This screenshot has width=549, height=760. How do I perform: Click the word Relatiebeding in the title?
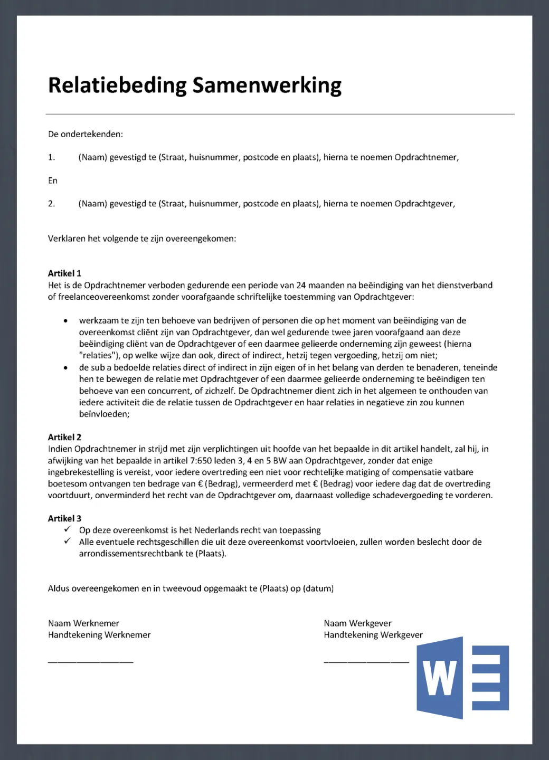117,85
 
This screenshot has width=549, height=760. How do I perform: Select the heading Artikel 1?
64,273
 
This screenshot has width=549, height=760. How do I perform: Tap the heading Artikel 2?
64,437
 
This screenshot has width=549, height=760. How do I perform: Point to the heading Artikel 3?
64,518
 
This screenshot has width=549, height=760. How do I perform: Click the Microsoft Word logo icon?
462,678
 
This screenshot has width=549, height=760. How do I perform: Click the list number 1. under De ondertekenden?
52,157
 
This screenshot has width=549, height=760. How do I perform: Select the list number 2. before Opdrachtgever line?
52,204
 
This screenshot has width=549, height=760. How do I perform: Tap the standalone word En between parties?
53,180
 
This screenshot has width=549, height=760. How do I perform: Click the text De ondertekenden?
86,134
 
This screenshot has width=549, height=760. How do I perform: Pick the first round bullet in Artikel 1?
65,321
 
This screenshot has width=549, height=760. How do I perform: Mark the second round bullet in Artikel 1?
65,368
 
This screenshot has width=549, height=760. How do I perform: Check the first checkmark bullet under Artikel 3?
68,529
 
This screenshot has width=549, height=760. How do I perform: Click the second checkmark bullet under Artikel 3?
68,541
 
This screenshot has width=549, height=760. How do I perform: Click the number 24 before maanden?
301,286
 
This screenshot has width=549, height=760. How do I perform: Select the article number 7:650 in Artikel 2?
201,461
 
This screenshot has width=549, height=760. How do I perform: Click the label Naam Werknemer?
83,623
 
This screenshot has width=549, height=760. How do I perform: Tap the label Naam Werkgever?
357,623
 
